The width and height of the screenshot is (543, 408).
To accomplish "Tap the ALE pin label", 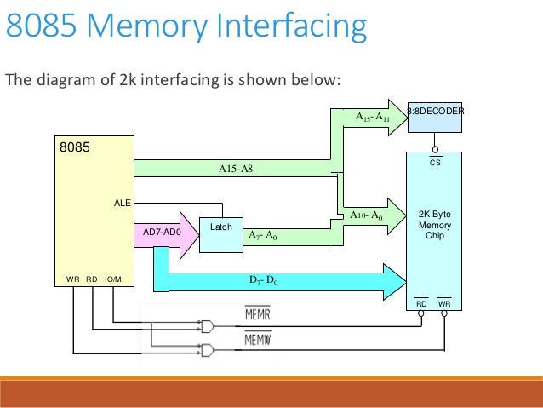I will coord(122,203).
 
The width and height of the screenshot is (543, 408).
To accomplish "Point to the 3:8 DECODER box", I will coord(435,112).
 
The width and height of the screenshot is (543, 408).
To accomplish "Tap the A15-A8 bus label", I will coord(236,169).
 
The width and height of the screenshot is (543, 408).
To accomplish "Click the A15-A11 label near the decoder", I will coord(371,117).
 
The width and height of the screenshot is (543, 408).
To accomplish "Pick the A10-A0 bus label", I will coord(366,216).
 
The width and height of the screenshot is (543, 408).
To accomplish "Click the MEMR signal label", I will coord(257,316).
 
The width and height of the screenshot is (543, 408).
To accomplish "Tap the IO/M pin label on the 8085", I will coord(113,279).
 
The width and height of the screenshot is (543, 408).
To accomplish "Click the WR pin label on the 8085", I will coord(72,279).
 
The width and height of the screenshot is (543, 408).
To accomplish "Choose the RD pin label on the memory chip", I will coord(421,303).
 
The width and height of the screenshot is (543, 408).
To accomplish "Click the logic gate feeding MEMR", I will coord(206,325).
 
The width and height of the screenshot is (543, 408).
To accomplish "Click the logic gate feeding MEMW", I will coord(206,350).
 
